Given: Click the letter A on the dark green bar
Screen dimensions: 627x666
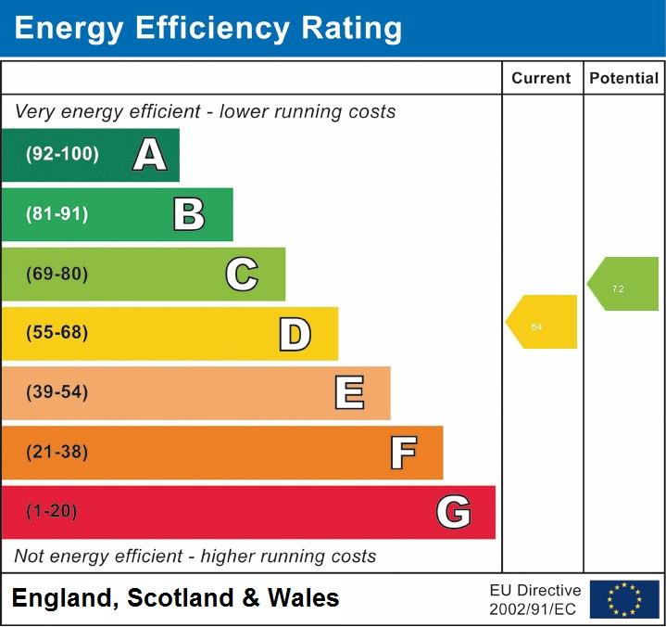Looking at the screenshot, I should [x=150, y=155].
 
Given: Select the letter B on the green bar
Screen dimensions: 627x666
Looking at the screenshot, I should [x=189, y=214].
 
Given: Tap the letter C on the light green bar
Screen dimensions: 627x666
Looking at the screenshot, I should [x=242, y=274].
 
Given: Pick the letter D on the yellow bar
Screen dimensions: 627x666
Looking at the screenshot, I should [x=295, y=334].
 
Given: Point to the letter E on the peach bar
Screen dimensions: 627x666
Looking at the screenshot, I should [x=349, y=393].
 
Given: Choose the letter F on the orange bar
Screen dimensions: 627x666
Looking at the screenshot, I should [x=403, y=453].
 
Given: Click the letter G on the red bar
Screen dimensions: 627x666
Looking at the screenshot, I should [x=453, y=512].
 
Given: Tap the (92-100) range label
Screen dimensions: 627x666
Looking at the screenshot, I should [x=62, y=155].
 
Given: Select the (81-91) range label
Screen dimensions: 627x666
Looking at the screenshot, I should [x=57, y=214].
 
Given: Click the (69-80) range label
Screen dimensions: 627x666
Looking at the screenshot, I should [x=57, y=274].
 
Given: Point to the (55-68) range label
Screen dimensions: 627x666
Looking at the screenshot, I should [x=57, y=333].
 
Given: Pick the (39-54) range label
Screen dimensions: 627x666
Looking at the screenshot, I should [x=57, y=392].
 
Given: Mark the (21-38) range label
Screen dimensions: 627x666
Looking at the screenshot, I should [x=57, y=453].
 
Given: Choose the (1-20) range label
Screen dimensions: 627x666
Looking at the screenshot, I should [x=52, y=512].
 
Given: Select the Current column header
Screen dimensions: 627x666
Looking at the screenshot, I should [x=541, y=79].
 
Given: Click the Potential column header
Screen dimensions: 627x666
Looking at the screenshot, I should [x=623, y=79].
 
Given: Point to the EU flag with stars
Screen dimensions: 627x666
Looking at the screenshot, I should [x=624, y=599].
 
